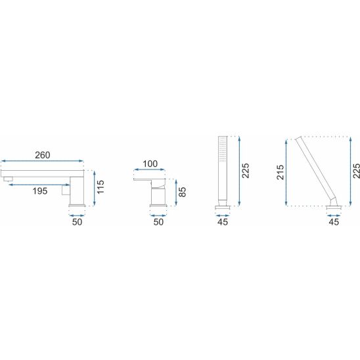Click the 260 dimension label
(43, 155)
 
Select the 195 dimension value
(40, 191)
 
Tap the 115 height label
(101, 187)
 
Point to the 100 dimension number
(150, 164)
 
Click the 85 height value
(182, 192)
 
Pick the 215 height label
(281, 172)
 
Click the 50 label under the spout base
(77, 222)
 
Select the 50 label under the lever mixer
(158, 222)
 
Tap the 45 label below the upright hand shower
(223, 222)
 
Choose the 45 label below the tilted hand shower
(334, 222)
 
